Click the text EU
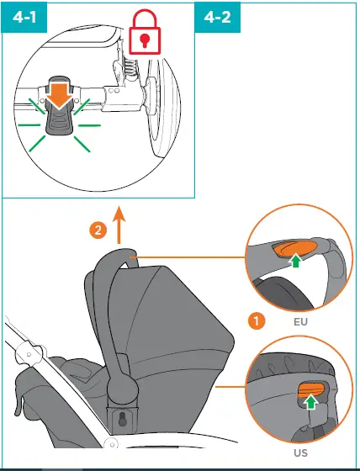pos(299,321)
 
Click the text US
pos(299,452)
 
